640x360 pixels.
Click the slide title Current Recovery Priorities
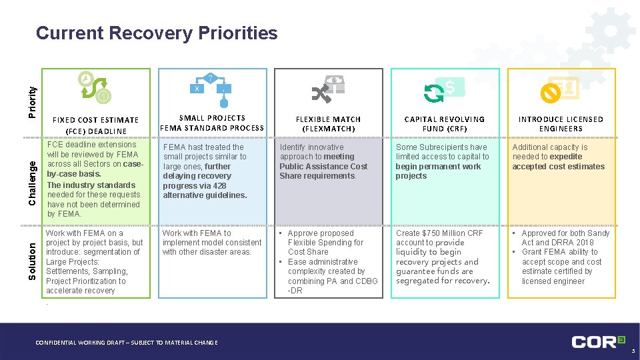click(x=157, y=33)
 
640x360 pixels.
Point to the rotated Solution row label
click(x=32, y=260)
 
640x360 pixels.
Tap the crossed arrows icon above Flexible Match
click(x=328, y=90)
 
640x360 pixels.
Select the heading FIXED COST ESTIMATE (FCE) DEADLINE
click(x=96, y=125)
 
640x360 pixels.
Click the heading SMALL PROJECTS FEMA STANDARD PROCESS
click(x=212, y=123)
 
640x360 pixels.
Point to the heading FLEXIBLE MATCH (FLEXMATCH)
click(x=328, y=123)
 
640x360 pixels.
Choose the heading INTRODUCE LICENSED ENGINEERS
click(x=561, y=123)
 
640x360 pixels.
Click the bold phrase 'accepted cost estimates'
click(x=558, y=167)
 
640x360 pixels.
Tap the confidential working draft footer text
click(x=126, y=343)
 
